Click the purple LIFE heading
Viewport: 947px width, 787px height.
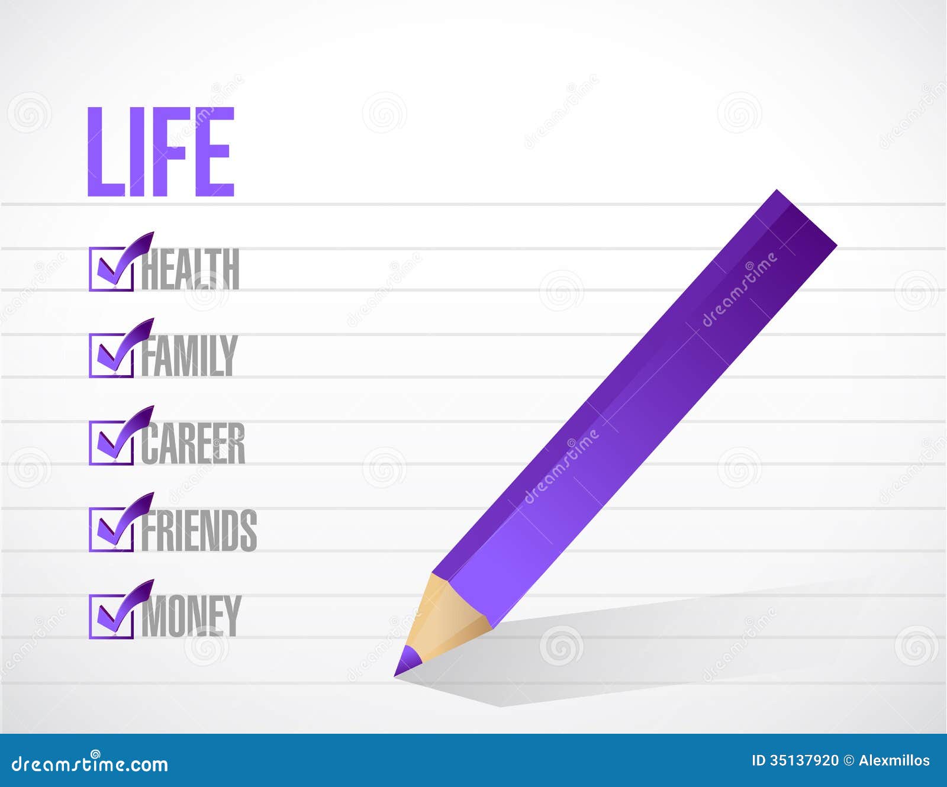click(161, 151)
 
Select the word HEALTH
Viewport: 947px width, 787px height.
click(190, 269)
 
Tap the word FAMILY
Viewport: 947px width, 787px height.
click(189, 356)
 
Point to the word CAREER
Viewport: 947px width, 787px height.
click(193, 443)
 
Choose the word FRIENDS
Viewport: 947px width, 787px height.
click(199, 530)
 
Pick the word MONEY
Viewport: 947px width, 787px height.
click(191, 617)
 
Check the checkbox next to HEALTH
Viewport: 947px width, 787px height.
click(111, 269)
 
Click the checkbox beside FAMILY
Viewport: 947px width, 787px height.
click(111, 356)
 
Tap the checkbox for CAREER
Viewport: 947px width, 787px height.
click(111, 443)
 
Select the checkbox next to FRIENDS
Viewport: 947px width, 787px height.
click(111, 530)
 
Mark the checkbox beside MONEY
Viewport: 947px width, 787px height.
click(111, 617)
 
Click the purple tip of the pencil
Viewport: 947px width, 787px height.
click(406, 662)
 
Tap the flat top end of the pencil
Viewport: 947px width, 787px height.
click(806, 217)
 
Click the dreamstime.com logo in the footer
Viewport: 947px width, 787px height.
click(90, 764)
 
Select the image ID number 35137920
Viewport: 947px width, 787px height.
click(804, 761)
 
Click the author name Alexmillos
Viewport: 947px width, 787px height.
click(894, 761)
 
